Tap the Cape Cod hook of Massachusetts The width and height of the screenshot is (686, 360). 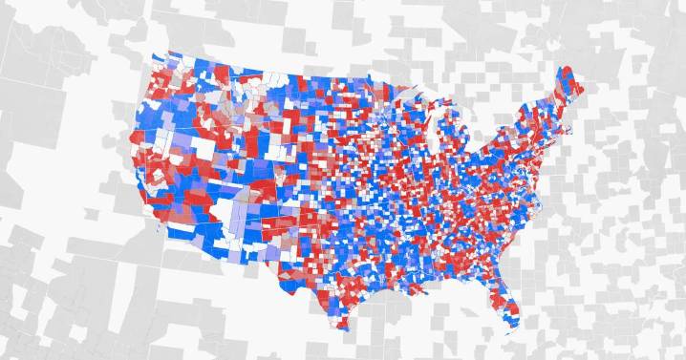[579, 124]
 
